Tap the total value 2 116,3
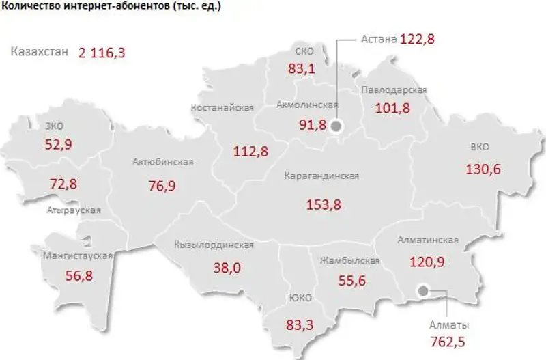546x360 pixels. coord(102,53)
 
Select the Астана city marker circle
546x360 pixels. coord(336,126)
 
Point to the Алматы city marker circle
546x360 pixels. coord(423,290)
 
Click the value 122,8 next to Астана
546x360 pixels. coord(418,39)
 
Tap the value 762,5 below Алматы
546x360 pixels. coord(449,340)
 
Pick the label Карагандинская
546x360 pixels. coord(322,176)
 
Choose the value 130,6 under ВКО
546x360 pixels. coord(483,169)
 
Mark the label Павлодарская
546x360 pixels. coord(394,90)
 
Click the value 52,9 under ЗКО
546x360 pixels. coord(58,143)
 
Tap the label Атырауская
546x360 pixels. coord(74,210)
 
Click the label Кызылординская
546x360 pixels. coord(214,245)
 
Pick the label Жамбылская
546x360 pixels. coord(349,261)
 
